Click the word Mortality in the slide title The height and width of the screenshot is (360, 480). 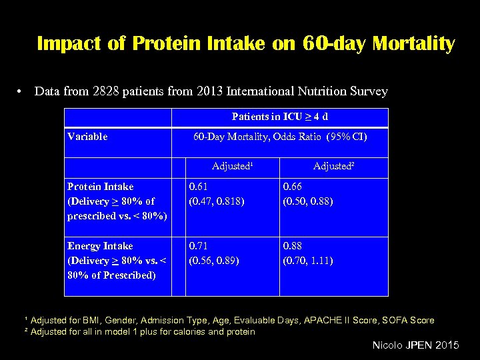414,44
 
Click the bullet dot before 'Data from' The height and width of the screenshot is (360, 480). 22,91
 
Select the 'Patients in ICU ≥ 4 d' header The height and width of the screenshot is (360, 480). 280,117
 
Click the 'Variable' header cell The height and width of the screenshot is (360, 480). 87,137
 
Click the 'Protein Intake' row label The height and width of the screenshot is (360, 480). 101,187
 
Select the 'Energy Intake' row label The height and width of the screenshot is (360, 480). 100,246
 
